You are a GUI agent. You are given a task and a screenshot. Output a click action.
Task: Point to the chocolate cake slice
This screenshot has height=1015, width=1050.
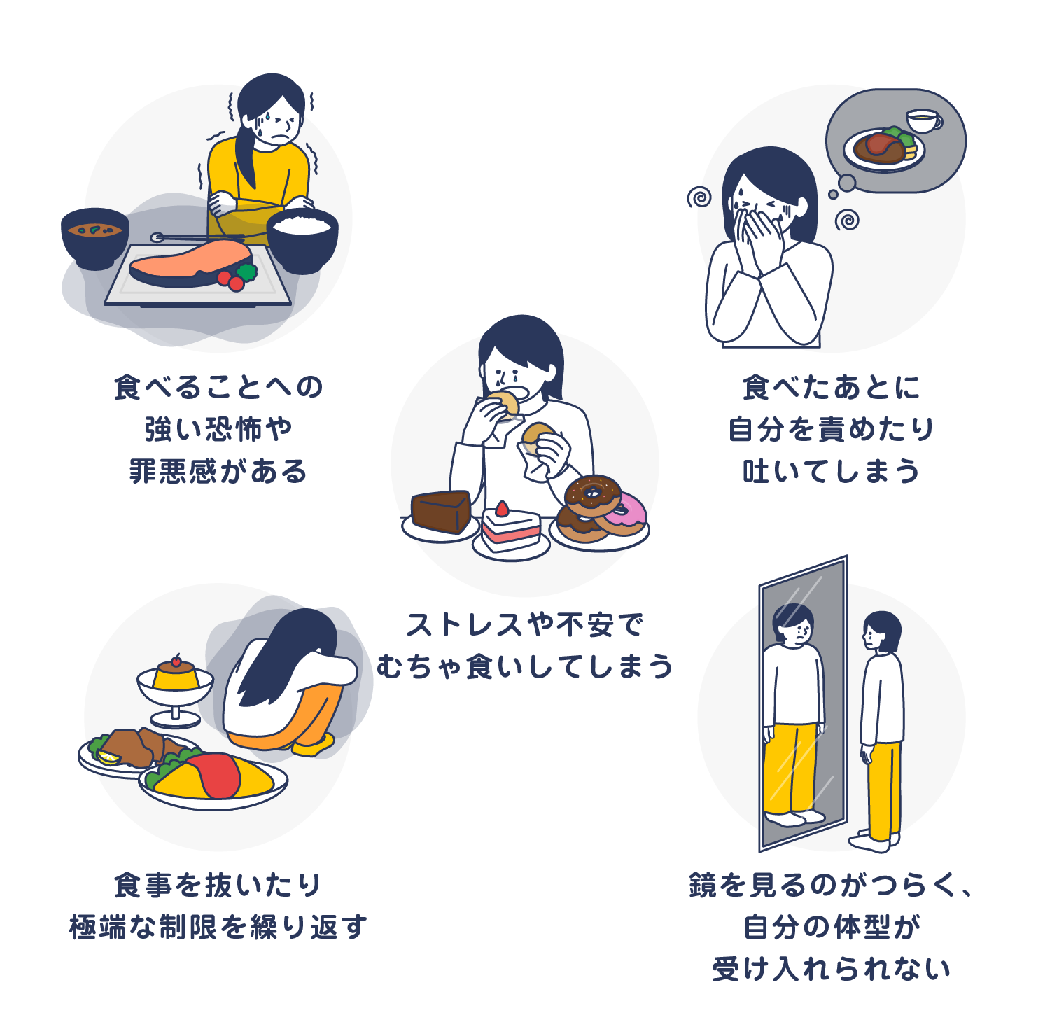(441, 511)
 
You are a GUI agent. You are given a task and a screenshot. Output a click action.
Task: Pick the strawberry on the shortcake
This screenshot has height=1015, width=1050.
(502, 509)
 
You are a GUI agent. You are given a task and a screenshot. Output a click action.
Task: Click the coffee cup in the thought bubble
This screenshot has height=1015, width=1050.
(923, 120)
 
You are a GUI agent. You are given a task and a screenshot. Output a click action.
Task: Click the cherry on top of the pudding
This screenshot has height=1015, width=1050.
(176, 660)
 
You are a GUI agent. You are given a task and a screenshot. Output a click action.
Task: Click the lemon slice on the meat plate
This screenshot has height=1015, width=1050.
(108, 757)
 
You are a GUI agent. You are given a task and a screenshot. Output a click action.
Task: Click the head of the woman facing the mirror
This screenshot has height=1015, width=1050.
(881, 630)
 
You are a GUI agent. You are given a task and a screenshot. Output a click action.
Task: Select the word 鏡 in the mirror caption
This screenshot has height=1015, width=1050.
(703, 885)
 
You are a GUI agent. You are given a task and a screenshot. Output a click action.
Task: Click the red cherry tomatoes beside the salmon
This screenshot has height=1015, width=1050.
(232, 281)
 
